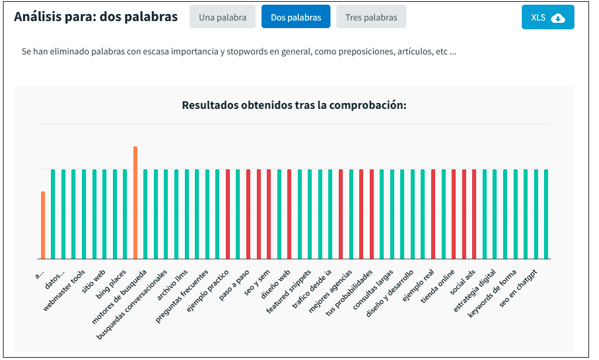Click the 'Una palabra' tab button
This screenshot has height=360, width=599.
222,17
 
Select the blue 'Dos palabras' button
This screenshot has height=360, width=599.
295,17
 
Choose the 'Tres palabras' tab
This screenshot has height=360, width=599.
371,17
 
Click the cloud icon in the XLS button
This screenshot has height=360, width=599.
558,18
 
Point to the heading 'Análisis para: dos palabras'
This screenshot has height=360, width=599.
95,17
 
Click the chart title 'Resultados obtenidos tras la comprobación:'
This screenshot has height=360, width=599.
294,105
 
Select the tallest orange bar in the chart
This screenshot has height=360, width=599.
135,202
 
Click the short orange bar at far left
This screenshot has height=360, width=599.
43,225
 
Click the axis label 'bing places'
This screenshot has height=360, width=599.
112,279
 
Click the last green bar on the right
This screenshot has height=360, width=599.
546,214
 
